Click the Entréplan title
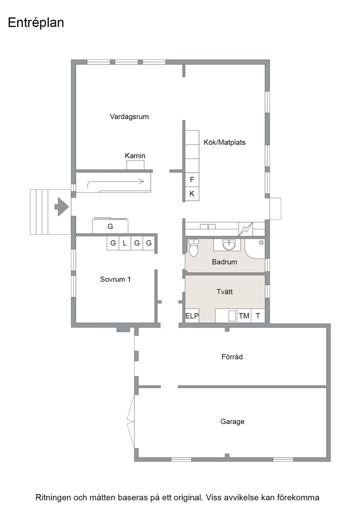click(36, 23)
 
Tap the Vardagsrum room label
click(129, 116)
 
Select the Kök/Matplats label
click(224, 142)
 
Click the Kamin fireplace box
click(135, 165)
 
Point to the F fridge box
click(192, 180)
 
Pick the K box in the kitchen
click(192, 194)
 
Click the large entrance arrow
click(61, 206)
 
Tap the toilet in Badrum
click(194, 248)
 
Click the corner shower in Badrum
click(255, 249)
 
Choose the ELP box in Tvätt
click(192, 315)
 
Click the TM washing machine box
click(244, 315)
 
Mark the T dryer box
click(258, 315)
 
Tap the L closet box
click(125, 243)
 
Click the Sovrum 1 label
click(115, 279)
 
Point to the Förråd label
click(232, 357)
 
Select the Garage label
click(232, 422)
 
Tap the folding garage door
click(131, 422)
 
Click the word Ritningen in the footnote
click(53, 497)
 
